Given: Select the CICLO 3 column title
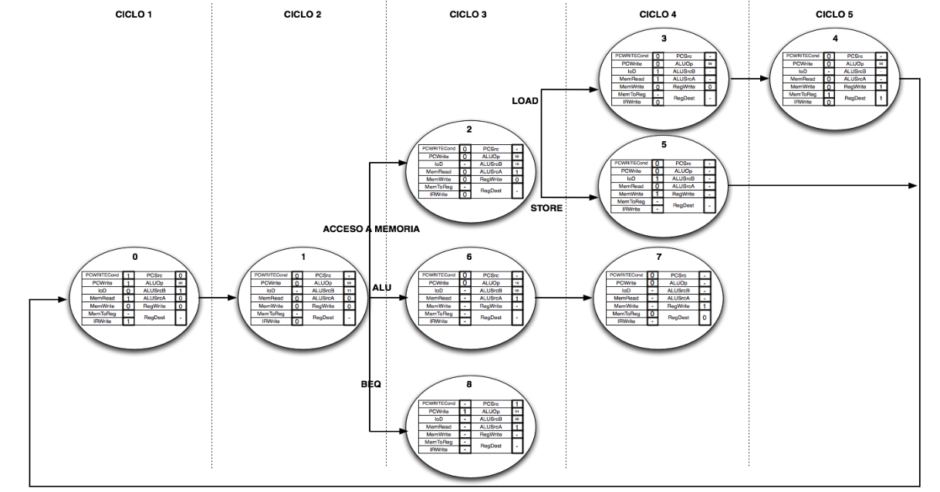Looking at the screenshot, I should tap(468, 15).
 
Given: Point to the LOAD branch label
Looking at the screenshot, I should tap(525, 101).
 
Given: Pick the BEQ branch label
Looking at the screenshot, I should tap(371, 385).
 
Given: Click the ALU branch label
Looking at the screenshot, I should tap(381, 287).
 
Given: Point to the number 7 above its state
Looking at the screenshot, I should tap(658, 254).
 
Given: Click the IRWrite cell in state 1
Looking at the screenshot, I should tap(271, 321).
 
